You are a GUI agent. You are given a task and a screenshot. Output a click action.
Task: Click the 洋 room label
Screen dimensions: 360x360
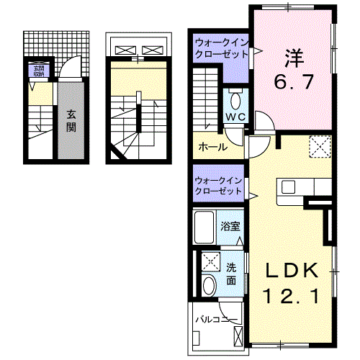click(x=291, y=55)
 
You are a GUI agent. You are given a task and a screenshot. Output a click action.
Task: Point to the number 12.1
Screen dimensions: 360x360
click(x=292, y=296)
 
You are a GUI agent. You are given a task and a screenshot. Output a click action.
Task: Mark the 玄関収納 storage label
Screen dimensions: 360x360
click(x=37, y=71)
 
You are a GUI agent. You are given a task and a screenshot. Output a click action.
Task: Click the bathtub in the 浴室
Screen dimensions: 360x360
click(x=206, y=229)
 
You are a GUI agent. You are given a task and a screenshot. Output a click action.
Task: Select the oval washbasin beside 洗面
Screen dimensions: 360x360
click(x=209, y=285)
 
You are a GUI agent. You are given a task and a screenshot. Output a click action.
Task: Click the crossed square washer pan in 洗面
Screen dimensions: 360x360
click(x=210, y=261)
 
